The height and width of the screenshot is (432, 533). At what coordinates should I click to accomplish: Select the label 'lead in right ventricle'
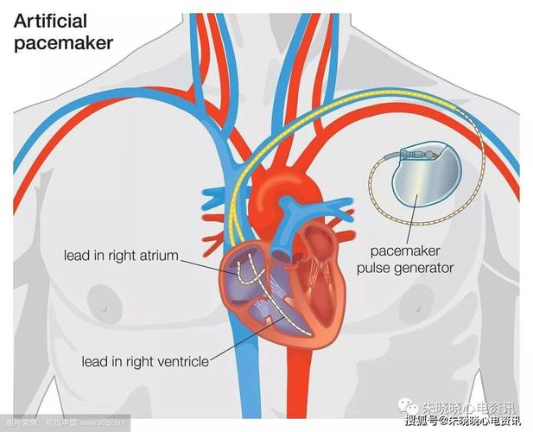[144, 361]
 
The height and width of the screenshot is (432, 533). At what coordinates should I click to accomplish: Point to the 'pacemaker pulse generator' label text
[411, 259]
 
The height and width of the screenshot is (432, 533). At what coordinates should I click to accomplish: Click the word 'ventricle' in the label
[181, 361]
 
